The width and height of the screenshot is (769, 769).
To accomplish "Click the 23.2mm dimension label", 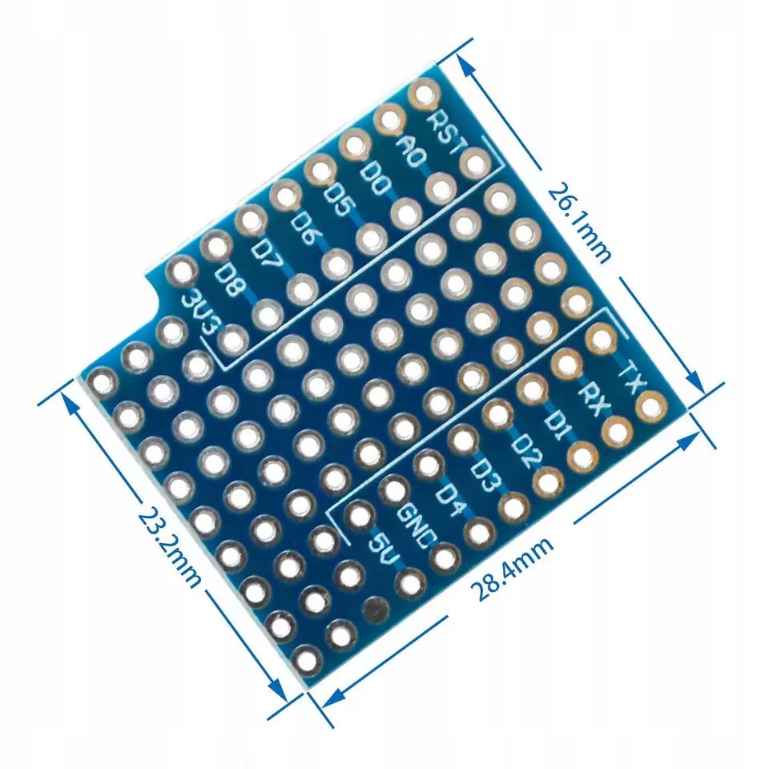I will (170, 546).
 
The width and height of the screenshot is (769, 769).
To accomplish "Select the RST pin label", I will (445, 132).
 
